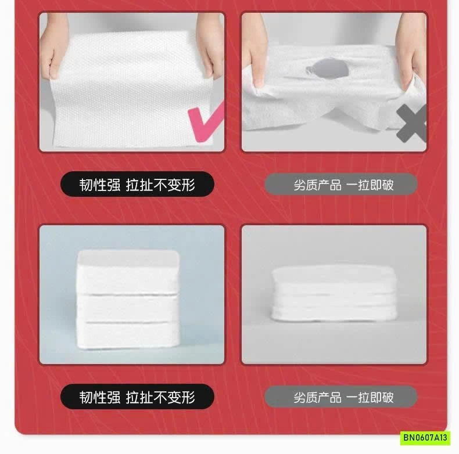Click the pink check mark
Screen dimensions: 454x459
(205, 121)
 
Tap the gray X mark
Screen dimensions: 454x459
(411, 124)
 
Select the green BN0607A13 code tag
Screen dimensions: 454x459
(425, 438)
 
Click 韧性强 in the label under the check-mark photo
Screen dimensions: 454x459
(100, 185)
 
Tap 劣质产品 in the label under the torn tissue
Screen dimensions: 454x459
(317, 185)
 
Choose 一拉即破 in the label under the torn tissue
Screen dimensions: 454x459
(370, 185)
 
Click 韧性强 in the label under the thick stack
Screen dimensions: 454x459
(100, 397)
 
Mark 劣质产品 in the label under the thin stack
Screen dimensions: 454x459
(317, 398)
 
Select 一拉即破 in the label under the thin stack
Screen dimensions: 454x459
(370, 398)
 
